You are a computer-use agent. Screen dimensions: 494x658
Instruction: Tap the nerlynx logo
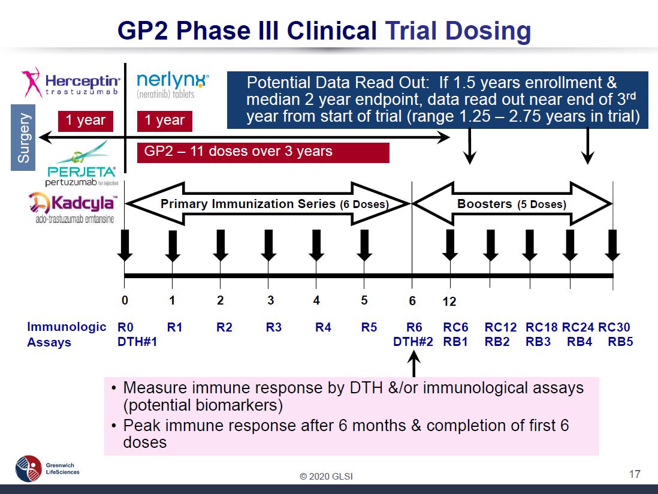point(173,85)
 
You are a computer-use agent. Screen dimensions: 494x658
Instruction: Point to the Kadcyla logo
point(73,207)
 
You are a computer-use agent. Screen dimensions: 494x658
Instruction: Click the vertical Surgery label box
point(23,135)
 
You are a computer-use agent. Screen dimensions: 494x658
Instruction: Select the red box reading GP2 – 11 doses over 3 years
point(263,152)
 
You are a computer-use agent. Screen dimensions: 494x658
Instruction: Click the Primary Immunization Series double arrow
point(268,204)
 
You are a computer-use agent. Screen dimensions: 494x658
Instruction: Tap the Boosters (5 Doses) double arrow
point(512,204)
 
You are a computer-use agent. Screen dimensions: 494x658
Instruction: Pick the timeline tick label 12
point(449,302)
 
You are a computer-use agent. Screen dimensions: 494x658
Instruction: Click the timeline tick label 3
point(271,300)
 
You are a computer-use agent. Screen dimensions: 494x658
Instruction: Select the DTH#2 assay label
point(413,342)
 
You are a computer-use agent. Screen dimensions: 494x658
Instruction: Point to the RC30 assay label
point(614,327)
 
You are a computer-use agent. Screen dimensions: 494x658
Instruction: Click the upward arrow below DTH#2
point(413,365)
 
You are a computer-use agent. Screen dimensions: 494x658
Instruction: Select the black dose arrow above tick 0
point(125,245)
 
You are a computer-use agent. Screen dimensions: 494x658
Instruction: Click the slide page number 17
point(635,475)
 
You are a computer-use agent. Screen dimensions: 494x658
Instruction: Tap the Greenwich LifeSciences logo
point(48,468)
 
